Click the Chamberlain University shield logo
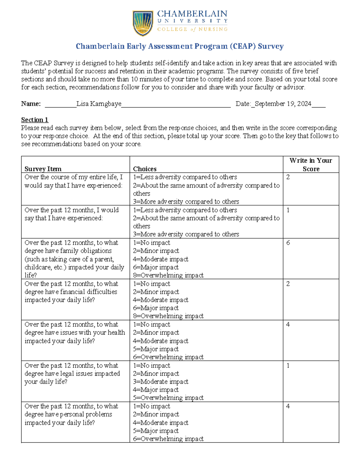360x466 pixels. [x=143, y=23]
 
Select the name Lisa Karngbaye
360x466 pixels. [x=99, y=104]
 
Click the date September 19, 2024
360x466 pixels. [x=283, y=104]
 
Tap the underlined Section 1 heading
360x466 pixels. [x=34, y=120]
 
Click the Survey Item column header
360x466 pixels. [x=43, y=169]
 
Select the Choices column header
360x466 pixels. [x=145, y=169]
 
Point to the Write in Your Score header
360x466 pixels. [x=311, y=164]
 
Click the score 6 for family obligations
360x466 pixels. [x=288, y=243]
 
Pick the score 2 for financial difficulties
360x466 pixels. [x=288, y=284]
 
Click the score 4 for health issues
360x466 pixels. [x=288, y=325]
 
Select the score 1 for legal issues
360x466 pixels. [x=288, y=365]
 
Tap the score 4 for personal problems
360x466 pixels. [x=288, y=406]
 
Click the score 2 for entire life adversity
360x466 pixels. [x=288, y=177]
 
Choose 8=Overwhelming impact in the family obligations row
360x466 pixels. [x=168, y=275]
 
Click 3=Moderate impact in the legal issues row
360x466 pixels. [x=160, y=382]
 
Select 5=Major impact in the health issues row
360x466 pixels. [x=156, y=349]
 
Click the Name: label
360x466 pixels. [x=31, y=104]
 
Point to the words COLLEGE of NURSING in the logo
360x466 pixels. [x=192, y=29]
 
